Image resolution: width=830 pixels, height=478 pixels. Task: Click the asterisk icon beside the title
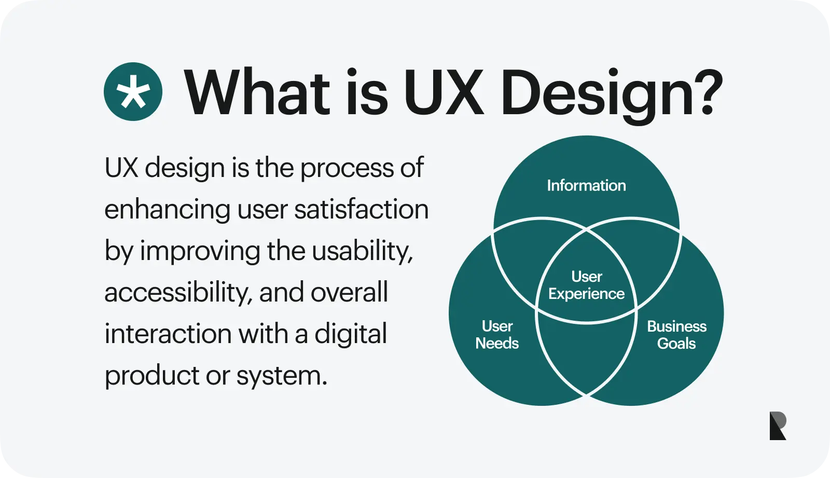133,91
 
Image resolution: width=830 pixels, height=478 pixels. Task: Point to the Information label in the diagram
587,185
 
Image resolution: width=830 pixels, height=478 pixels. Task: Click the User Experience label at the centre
587,285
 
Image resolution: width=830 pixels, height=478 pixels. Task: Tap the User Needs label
497,335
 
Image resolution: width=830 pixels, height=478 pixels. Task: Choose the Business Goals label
676,335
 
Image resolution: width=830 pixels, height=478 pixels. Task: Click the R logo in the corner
778,426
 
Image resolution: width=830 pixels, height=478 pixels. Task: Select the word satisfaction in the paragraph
361,209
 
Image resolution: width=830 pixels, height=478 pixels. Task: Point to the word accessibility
176,293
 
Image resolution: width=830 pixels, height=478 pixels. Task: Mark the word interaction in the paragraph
168,333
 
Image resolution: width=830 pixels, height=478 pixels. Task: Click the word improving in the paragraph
200,251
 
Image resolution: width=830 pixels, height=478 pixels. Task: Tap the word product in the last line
152,375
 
